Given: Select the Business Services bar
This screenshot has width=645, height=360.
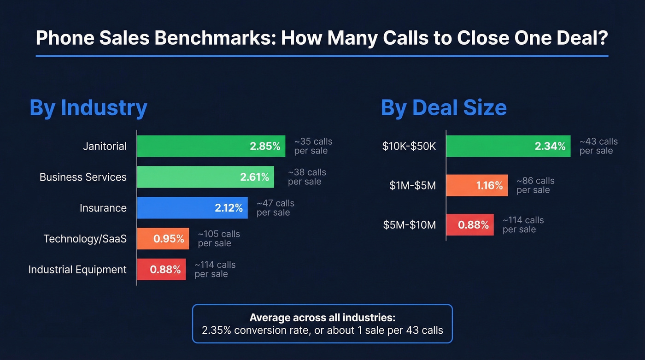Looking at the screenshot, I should pyautogui.click(x=205, y=177).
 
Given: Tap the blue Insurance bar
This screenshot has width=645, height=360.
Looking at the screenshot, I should pyautogui.click(x=192, y=208).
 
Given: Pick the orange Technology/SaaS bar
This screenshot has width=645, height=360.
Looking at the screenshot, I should pyautogui.click(x=163, y=239).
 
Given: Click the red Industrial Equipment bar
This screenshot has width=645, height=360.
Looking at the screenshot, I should pyautogui.click(x=161, y=270).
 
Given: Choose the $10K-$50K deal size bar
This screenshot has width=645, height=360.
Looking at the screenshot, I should pyautogui.click(x=508, y=146).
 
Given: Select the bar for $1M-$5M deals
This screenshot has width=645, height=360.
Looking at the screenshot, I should pyautogui.click(x=477, y=185).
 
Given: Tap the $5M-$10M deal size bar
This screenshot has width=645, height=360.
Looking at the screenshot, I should pyautogui.click(x=470, y=225).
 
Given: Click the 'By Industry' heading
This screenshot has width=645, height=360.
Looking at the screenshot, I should pyautogui.click(x=88, y=107).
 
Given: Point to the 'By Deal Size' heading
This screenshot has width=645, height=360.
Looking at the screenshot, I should pyautogui.click(x=444, y=107).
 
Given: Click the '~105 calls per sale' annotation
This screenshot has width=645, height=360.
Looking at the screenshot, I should pyautogui.click(x=219, y=239).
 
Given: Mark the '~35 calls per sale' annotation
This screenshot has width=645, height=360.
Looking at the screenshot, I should pyautogui.click(x=313, y=146).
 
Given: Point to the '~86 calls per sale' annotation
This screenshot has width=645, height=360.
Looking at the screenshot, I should pyautogui.click(x=535, y=185).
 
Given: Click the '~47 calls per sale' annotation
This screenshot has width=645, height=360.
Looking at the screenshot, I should pyautogui.click(x=275, y=208).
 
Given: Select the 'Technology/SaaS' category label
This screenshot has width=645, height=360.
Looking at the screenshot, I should pyautogui.click(x=85, y=239).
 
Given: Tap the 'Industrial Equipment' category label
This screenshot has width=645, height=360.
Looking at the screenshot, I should pyautogui.click(x=77, y=270).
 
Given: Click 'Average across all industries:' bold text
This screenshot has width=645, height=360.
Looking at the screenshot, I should pyautogui.click(x=322, y=318).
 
